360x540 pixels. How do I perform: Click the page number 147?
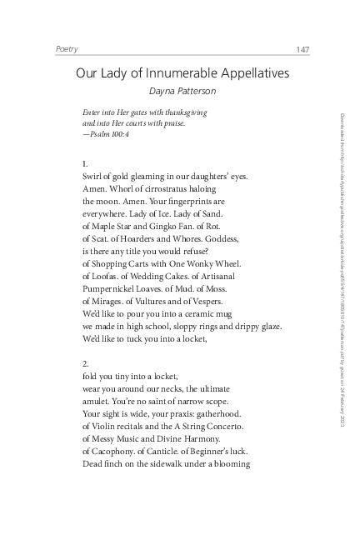(302, 50)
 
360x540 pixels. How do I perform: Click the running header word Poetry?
(66, 50)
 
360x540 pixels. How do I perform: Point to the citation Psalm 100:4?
(107, 134)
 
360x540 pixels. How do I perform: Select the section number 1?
(86, 163)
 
